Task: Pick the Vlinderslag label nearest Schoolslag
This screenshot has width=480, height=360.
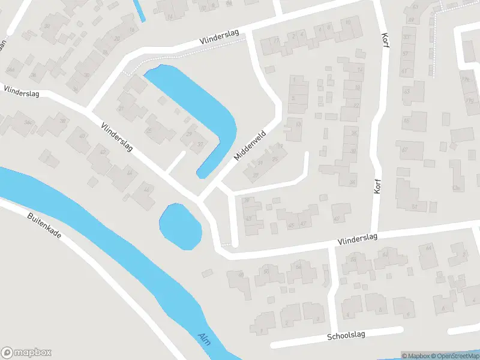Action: (357, 238)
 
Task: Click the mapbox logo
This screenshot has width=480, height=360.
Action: (26, 353)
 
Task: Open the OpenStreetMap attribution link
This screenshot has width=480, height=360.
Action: (457, 356)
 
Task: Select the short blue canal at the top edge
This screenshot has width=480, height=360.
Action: (139, 10)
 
